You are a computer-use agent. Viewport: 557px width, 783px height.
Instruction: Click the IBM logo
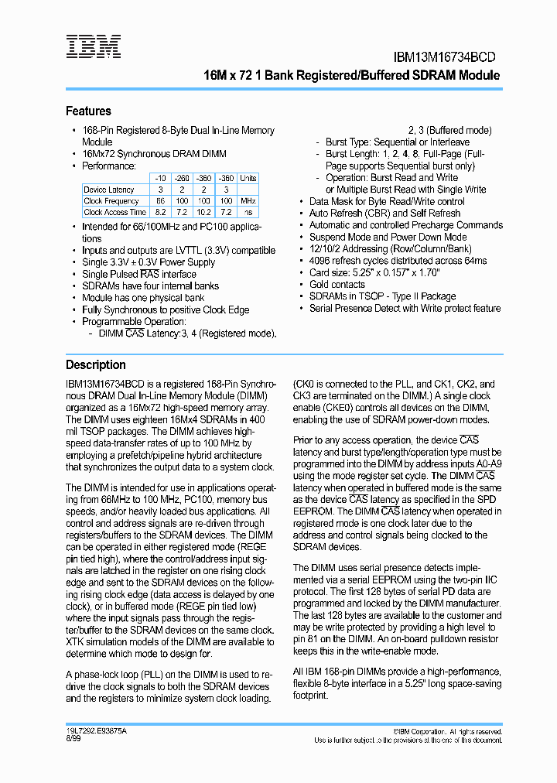[93, 46]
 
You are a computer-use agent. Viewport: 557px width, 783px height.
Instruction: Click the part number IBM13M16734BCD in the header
[439, 57]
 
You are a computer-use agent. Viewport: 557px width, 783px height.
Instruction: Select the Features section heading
[88, 111]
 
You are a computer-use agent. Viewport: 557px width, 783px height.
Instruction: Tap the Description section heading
[95, 365]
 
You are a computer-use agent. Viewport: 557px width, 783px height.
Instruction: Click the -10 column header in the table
[159, 179]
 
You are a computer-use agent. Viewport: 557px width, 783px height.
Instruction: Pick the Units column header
[248, 179]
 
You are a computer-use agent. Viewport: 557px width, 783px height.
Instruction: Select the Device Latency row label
[109, 190]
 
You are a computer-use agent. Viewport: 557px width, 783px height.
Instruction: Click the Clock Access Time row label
[114, 212]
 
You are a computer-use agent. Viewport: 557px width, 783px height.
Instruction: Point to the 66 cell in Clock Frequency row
[159, 201]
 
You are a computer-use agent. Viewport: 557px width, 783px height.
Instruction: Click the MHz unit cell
[248, 201]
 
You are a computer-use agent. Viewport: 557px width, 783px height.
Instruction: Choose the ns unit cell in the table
[248, 212]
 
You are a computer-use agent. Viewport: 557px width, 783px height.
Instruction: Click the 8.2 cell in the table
[159, 212]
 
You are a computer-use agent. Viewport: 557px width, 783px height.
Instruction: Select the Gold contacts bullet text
[337, 285]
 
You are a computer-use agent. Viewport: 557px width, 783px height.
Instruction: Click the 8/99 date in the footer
[73, 740]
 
